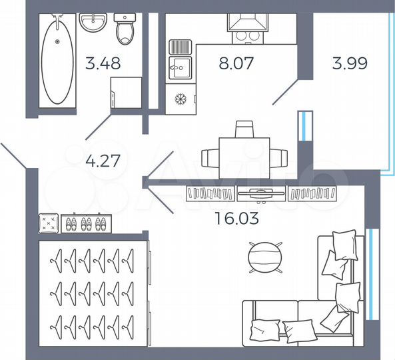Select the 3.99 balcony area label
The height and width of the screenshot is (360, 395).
coord(350,65)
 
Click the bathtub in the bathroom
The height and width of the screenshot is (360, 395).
coord(57,60)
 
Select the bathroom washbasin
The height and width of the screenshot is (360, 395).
coord(93,22)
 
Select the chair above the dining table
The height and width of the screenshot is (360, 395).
coord(244,128)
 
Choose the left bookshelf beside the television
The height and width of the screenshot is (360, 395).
coord(211,193)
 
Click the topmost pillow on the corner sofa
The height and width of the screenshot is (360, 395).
coord(344,244)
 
